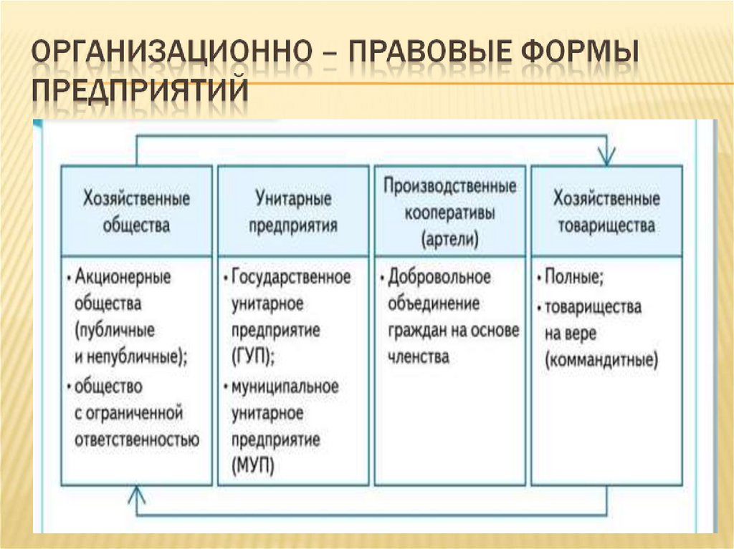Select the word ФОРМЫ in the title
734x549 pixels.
click(566, 56)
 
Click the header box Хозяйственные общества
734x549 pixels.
click(136, 210)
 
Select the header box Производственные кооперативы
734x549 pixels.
click(450, 210)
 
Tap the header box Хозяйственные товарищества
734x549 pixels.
click(606, 210)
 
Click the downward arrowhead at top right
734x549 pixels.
click(607, 155)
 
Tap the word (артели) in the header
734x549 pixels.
click(450, 238)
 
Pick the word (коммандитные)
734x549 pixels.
click(601, 360)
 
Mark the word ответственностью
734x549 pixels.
click(136, 438)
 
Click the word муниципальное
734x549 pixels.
click(285, 386)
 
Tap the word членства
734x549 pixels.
click(419, 356)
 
